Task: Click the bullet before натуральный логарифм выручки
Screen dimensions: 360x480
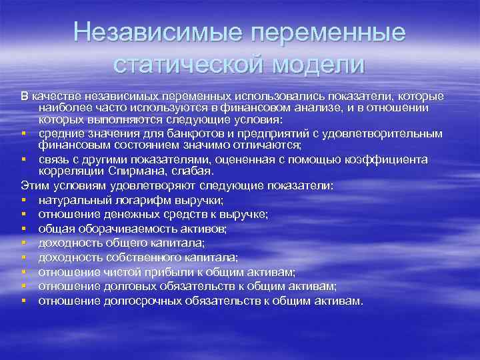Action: coord(23,201)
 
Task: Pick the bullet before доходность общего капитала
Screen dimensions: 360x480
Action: coord(23,243)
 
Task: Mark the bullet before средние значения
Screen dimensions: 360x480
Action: coord(23,134)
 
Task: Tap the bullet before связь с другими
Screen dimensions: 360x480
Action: coord(23,160)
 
